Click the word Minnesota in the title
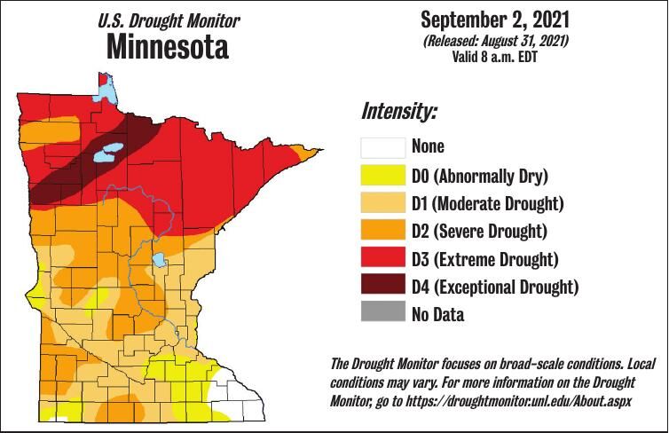click(167, 46)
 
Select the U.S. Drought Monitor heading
click(167, 20)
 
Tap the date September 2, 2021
click(496, 19)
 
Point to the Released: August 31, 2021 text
click(496, 40)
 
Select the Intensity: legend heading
click(398, 113)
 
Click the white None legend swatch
click(382, 146)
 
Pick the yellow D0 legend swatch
click(382, 175)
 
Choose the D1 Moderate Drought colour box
click(382, 203)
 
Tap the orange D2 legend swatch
click(382, 231)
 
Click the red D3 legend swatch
click(382, 259)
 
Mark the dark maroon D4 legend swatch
click(382, 287)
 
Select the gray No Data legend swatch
click(382, 314)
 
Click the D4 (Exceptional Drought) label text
click(495, 287)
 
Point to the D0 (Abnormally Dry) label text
click(479, 175)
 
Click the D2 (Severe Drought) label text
click(479, 231)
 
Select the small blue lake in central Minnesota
click(159, 260)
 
